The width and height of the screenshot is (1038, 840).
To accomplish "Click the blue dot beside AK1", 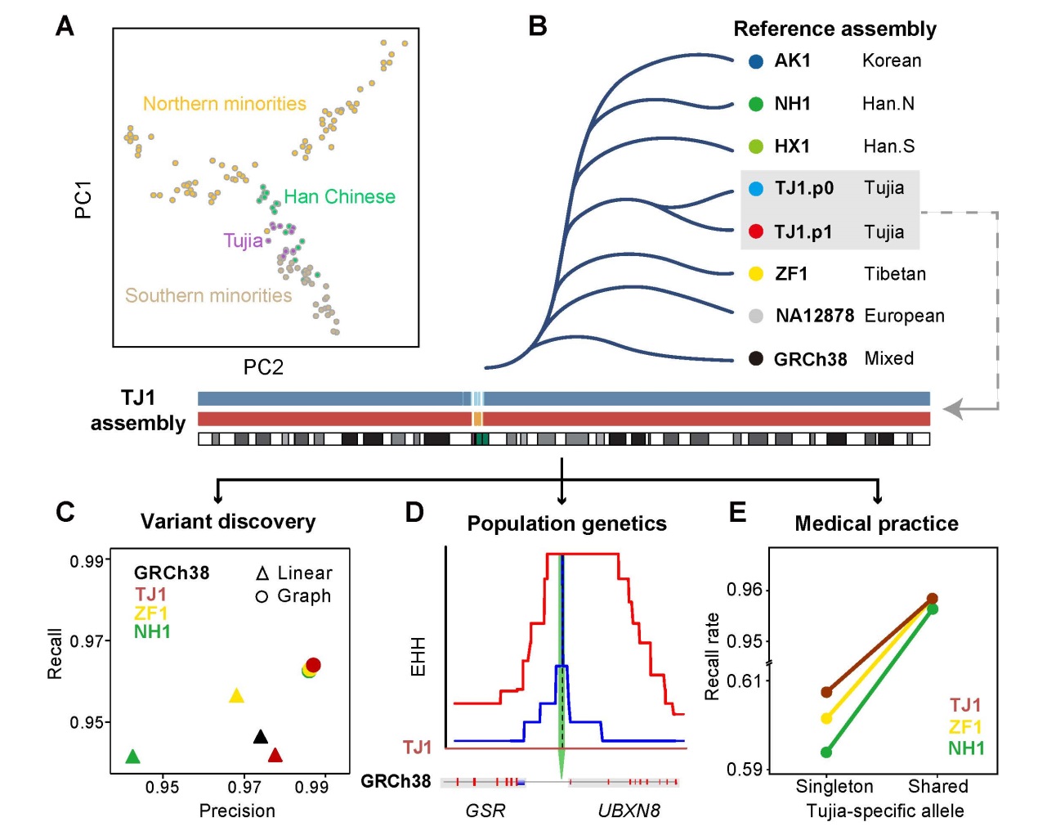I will (756, 61).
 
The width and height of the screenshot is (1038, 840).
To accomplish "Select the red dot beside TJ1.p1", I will (756, 231).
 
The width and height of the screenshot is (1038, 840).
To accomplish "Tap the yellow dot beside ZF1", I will (756, 274).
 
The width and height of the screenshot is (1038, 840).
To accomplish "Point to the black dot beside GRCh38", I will (756, 358).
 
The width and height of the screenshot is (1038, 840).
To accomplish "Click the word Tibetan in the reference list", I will (895, 274).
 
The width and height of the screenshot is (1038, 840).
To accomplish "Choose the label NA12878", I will (815, 316).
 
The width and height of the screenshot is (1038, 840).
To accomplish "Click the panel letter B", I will (537, 26).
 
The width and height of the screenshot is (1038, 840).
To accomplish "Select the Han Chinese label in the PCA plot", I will (339, 197).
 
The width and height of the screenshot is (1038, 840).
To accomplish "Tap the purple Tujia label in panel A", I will (243, 240).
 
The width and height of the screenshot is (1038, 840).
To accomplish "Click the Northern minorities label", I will (225, 104).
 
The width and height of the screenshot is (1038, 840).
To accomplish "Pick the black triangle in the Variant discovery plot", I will (261, 737).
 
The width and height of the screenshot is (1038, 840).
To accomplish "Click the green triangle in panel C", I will (132, 757).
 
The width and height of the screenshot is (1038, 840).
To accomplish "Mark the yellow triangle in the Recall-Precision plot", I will (237, 696).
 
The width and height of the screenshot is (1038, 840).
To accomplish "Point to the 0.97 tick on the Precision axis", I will (244, 787).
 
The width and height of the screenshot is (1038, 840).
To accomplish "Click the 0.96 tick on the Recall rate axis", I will (745, 590).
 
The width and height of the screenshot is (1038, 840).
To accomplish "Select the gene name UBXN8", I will (629, 811).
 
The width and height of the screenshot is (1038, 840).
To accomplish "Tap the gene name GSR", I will (485, 811).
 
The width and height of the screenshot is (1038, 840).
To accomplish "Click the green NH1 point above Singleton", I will (826, 752).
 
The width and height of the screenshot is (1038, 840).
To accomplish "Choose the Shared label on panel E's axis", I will (937, 787).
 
